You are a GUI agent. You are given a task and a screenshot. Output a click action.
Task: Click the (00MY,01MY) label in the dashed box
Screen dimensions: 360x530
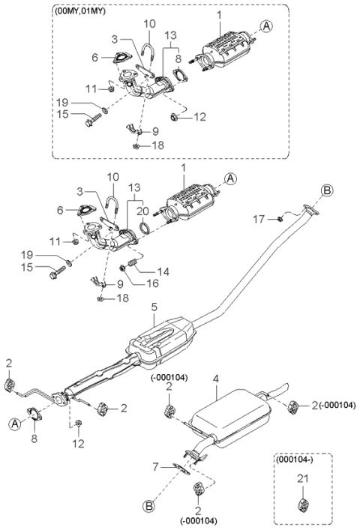(79, 11)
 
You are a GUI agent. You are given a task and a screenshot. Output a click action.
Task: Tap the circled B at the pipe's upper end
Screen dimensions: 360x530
(327, 190)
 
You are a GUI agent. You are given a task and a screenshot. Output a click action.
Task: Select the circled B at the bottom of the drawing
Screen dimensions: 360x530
(148, 506)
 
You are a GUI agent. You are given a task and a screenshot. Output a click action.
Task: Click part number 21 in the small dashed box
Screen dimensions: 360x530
(303, 478)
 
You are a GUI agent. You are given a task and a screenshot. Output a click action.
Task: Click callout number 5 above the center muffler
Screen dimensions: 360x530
(154, 307)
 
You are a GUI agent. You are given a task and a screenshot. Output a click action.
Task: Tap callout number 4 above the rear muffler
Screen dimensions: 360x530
(216, 379)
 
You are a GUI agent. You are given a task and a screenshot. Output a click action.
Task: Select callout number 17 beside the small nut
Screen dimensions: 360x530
(259, 220)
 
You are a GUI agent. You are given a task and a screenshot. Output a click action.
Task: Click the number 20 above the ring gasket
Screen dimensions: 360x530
(142, 211)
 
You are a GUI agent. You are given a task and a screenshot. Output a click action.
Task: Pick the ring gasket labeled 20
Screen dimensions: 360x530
(145, 227)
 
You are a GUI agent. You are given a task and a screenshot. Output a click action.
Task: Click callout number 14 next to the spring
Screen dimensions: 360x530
(163, 271)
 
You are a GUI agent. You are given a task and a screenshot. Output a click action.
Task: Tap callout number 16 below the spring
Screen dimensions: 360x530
(152, 283)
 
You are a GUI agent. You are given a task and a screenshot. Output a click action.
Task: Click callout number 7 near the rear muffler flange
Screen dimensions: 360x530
(155, 467)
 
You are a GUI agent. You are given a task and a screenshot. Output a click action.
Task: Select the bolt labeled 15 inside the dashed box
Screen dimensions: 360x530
(93, 120)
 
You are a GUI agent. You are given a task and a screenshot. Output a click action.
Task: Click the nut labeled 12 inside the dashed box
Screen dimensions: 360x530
(174, 117)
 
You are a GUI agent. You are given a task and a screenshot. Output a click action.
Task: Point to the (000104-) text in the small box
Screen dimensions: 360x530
(295, 460)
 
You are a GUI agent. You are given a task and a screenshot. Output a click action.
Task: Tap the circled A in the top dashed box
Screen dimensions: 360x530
(267, 25)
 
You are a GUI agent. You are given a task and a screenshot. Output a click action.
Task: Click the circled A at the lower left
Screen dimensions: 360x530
(14, 424)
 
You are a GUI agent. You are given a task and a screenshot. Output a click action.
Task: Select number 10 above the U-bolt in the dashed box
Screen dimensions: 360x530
(149, 24)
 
